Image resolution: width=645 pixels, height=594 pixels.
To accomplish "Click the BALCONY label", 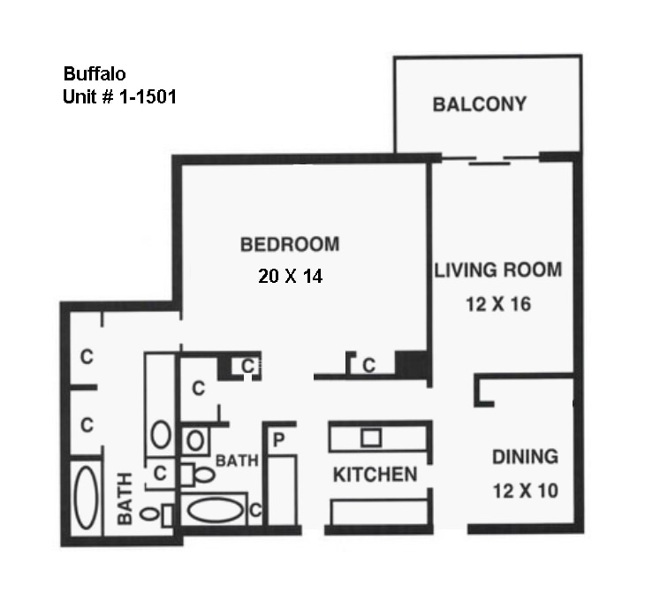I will pos(479,104).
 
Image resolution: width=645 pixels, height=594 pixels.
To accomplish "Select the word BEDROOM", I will pos(290,244).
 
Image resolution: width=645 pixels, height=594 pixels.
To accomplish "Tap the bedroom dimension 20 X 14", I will pos(290,276).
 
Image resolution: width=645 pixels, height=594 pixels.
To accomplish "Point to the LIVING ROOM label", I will pos(497,270).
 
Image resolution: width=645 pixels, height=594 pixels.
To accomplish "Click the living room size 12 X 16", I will pos(497,305).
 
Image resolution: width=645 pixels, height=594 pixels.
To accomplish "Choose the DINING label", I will pos(525,457).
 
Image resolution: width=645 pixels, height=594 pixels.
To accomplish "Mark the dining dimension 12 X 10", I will pos(525,490).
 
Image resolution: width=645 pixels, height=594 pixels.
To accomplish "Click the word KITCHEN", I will pos(375,475).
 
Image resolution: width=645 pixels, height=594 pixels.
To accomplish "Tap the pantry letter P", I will pos(277,440).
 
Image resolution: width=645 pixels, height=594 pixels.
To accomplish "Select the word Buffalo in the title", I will pos(93,73).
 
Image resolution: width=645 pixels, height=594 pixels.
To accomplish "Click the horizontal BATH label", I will pos(237,461).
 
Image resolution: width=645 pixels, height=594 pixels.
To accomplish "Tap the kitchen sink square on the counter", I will pos(370,437).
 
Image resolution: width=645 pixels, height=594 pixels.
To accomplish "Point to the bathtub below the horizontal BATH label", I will pos(216,511).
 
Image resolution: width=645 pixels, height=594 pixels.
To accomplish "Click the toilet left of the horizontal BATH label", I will pos(202,474).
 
